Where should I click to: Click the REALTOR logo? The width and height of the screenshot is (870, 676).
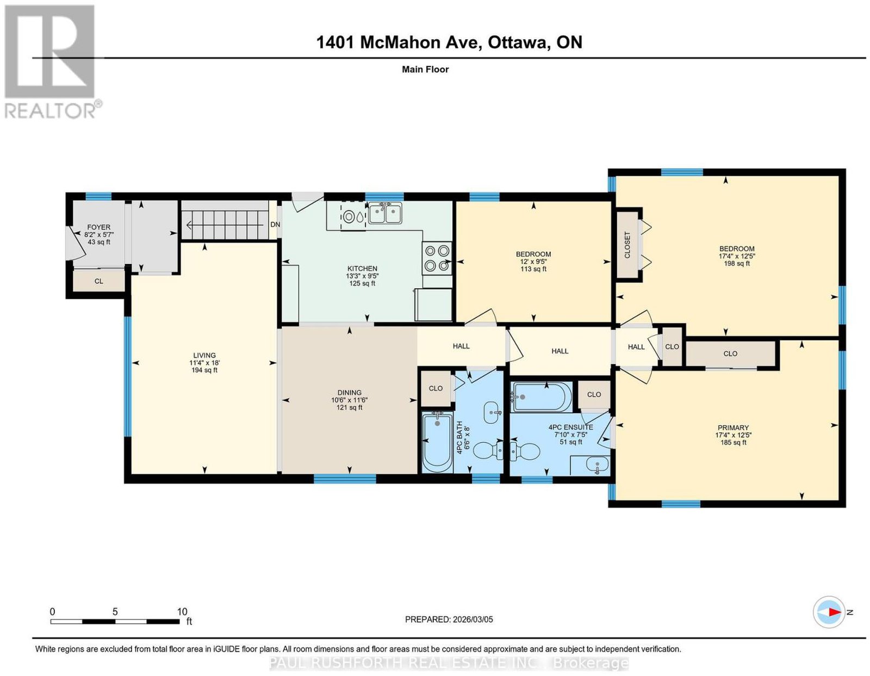coord(53,62)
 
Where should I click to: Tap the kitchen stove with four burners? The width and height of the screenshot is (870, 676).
coord(437,258)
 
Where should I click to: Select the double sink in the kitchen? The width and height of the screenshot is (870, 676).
coord(385,213)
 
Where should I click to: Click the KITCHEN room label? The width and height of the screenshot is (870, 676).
coord(362,269)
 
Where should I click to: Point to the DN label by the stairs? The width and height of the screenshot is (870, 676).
coord(275,225)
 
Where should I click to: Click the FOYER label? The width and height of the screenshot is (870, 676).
coord(98,227)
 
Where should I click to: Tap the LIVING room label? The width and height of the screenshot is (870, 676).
coord(204,356)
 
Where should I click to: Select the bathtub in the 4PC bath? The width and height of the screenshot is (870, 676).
coord(438,442)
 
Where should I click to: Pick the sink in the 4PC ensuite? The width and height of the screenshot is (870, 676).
coord(597,465)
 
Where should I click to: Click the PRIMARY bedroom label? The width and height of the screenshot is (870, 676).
coord(733,428)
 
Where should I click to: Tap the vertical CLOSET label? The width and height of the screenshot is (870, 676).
coord(627,245)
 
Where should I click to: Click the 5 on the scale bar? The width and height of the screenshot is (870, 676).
coord(115,612)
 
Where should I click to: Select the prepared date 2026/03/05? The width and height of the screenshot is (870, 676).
coord(473,620)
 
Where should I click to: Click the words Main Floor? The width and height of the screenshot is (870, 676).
coord(425,69)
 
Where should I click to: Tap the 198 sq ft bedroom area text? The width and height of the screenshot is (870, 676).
coord(737,263)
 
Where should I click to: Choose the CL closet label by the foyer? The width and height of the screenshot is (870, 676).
coord(98,281)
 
